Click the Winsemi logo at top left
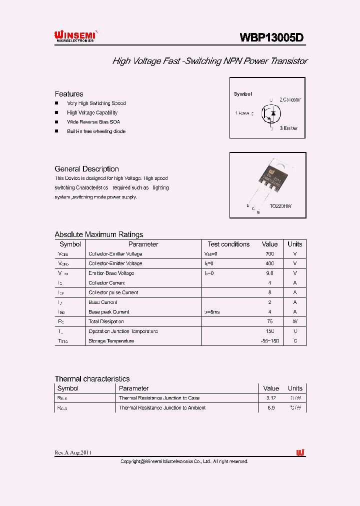point(75,35)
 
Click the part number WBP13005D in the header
point(271,37)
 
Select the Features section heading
point(69,94)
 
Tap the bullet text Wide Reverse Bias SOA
point(93,122)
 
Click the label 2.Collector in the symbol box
point(290,100)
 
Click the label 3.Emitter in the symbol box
point(288,128)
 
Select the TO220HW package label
point(280,206)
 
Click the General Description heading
point(86,169)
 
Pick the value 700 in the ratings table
point(269,254)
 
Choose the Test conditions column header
point(228,244)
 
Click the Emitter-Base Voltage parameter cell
point(111,273)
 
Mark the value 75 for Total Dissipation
point(269,321)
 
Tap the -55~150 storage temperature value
point(269,341)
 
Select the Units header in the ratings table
point(294,244)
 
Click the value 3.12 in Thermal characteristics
point(270,398)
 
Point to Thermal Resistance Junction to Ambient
point(162,408)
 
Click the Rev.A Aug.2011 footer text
point(73,453)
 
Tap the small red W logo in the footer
point(300,452)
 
